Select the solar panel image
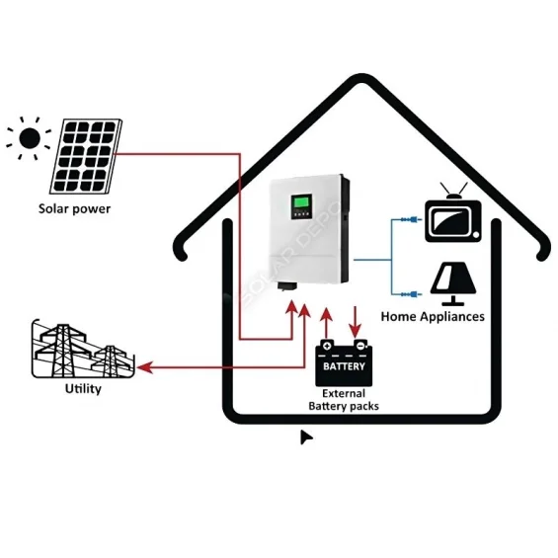click(x=87, y=156)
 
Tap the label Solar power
click(x=74, y=208)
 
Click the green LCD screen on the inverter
click(x=299, y=207)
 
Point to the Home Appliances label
click(x=433, y=317)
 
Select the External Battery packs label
click(x=344, y=399)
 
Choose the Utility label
click(x=83, y=389)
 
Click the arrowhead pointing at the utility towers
click(x=144, y=367)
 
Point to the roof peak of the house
click(x=363, y=79)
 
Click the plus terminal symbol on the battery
click(x=327, y=347)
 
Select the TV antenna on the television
click(x=453, y=191)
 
